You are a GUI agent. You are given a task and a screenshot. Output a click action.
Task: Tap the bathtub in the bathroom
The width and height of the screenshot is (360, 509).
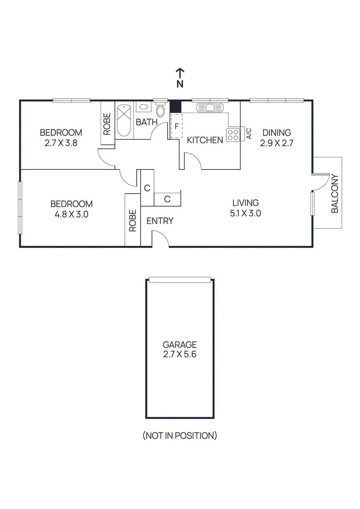tap(124, 120)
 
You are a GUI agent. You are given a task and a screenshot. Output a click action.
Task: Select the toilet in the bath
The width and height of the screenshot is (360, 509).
tap(160, 111)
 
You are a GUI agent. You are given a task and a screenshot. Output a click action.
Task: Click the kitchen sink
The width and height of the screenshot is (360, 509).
tap(210, 108)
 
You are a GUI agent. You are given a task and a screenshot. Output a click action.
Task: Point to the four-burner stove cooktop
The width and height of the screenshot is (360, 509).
tap(233, 135)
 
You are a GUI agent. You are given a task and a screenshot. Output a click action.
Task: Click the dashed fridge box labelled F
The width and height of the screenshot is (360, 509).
tap(177, 126)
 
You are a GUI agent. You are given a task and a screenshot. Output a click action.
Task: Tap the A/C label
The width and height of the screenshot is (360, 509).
tap(249, 134)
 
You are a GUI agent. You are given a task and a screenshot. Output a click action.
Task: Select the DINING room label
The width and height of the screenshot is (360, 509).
tap(277, 133)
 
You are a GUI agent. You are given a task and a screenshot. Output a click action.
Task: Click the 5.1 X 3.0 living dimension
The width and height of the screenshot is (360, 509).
tap(245, 213)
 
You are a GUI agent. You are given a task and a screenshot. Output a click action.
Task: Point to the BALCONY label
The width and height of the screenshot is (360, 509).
tap(335, 193)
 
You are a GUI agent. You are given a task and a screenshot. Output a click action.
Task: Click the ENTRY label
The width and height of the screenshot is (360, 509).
tap(160, 221)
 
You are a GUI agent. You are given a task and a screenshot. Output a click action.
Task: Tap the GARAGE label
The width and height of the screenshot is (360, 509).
tap(180, 345)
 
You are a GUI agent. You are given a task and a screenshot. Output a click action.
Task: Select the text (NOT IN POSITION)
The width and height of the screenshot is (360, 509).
tap(180, 436)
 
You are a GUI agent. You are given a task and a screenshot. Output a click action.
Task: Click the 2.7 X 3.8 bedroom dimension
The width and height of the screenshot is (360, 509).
tap(61, 143)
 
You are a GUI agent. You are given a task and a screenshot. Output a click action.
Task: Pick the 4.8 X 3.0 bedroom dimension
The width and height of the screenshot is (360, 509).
tap(71, 214)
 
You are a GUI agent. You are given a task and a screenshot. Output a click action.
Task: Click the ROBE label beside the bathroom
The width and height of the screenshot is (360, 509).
tap(107, 124)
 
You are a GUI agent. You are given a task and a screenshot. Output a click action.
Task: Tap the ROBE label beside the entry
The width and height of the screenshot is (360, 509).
tap(132, 220)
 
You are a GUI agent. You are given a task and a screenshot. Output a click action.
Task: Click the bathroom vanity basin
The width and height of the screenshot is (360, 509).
tap(144, 107)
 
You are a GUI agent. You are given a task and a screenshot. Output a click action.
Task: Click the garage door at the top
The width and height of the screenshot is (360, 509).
tap(180, 280)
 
